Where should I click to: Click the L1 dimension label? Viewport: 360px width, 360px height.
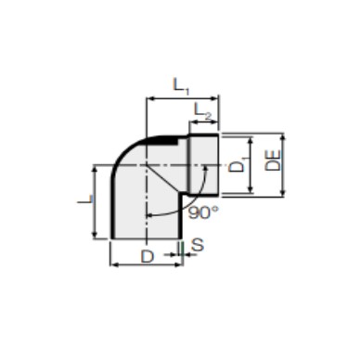[x=181, y=85]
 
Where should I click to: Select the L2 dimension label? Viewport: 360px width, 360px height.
[x=203, y=111]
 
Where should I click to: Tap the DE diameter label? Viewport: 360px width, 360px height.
[x=273, y=161]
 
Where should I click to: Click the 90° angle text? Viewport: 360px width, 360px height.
[x=203, y=212]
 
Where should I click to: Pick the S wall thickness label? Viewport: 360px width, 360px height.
[x=198, y=245]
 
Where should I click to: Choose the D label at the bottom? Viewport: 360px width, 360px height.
[x=148, y=257]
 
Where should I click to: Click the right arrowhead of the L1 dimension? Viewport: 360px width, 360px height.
[x=215, y=98]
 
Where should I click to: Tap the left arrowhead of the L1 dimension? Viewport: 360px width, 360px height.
[x=149, y=98]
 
